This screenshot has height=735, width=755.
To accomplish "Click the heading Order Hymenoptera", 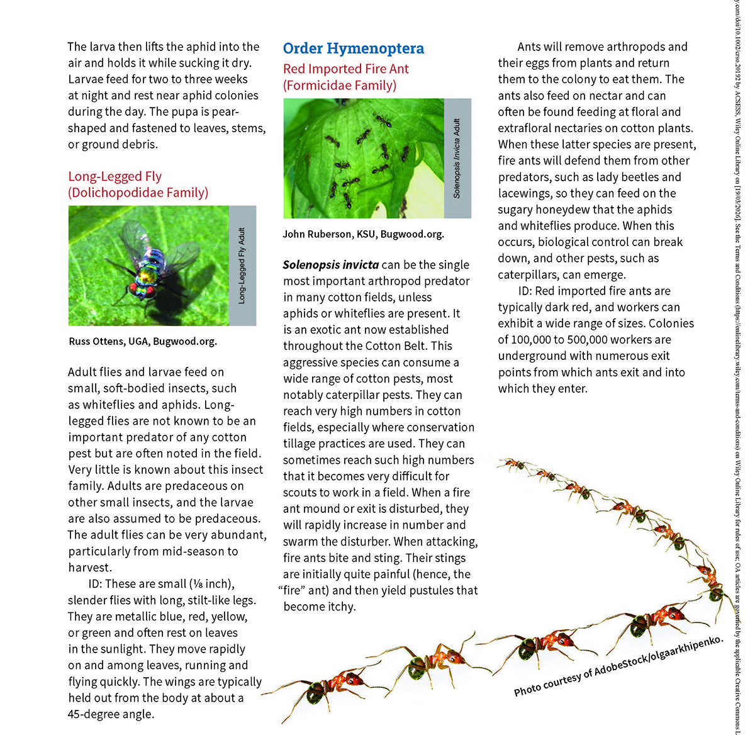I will [x=353, y=48].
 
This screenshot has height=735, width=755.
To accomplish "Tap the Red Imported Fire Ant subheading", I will [x=345, y=69].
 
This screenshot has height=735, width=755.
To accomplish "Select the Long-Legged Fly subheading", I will [x=115, y=177].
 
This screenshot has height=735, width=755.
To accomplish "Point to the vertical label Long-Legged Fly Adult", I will [x=242, y=266].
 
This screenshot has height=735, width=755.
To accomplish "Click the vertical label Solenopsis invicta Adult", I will [x=457, y=158].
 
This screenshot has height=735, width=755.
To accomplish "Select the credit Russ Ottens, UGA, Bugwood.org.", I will [x=143, y=342].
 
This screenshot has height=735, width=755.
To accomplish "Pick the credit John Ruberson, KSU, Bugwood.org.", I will [x=363, y=234].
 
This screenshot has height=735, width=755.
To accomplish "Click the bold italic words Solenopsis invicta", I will [x=331, y=265].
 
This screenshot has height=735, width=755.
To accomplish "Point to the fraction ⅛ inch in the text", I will [x=211, y=584].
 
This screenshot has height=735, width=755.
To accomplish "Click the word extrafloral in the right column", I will [x=530, y=128].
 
